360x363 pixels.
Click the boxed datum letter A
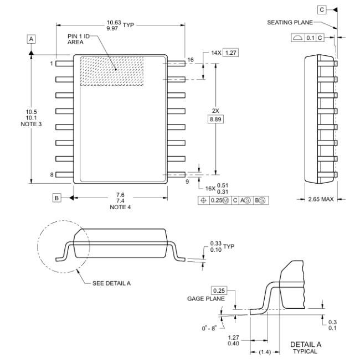[32, 39]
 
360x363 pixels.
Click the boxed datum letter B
[56, 197]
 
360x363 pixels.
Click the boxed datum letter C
[322, 9]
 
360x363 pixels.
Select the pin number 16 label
[191, 59]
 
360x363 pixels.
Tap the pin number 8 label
[52, 174]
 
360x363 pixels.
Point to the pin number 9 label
[187, 180]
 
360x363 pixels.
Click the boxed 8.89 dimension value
[215, 120]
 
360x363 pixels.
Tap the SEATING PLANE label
[290, 23]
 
